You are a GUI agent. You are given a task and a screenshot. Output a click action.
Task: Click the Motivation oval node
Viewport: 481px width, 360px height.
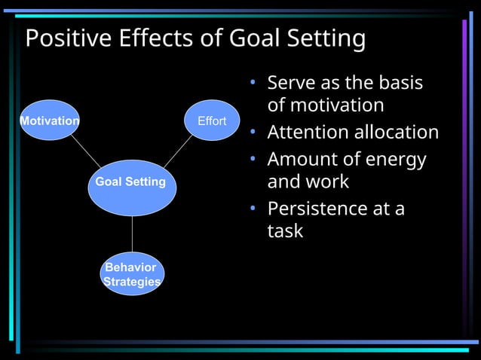(49, 121)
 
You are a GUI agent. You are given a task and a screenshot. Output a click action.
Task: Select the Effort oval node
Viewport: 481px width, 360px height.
(211, 121)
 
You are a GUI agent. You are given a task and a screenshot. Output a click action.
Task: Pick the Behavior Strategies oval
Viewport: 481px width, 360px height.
(132, 274)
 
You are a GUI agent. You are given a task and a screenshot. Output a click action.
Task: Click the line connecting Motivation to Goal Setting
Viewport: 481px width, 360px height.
(85, 152)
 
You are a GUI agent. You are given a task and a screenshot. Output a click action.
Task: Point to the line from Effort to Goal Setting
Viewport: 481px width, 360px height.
(178, 152)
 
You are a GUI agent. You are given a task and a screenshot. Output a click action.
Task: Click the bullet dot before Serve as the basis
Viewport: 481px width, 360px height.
(255, 82)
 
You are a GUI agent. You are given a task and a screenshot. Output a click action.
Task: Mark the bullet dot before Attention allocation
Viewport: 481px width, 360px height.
(255, 133)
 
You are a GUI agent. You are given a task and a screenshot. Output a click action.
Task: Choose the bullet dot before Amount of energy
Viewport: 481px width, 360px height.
(255, 159)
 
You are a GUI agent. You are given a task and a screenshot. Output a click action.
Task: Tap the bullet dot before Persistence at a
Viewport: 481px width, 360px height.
(255, 209)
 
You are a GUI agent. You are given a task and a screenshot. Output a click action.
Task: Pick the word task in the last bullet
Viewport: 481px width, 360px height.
(285, 230)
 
